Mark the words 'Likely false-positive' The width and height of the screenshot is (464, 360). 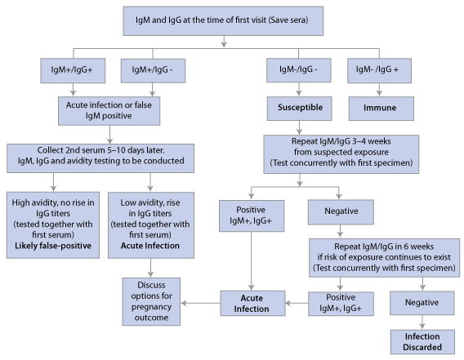(52, 244)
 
